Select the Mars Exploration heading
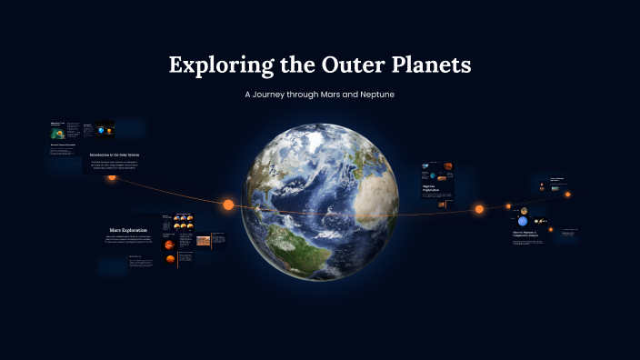point(128,230)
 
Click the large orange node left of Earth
point(228,205)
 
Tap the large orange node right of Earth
point(479,209)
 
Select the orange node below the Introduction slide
point(112,176)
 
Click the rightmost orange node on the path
point(568,194)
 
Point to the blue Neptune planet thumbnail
point(523,222)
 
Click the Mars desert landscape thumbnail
point(204,241)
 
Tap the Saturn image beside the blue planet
point(540,221)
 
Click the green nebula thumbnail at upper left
point(57,132)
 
